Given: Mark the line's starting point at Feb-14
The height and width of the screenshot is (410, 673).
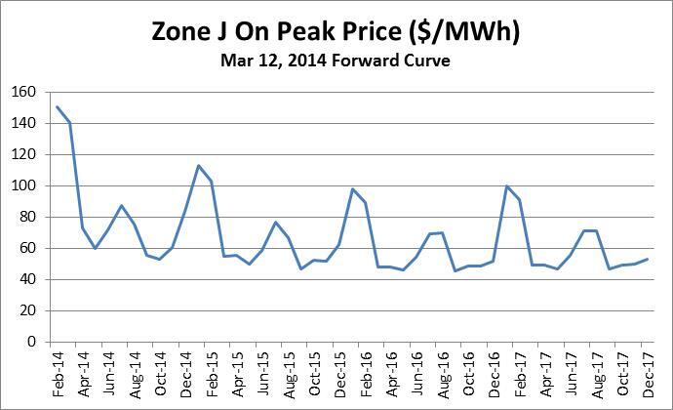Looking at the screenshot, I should coord(58,106).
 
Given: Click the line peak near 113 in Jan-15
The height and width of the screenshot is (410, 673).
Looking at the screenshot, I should coord(198,165).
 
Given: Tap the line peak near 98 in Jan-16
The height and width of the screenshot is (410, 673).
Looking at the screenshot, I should coord(352,188).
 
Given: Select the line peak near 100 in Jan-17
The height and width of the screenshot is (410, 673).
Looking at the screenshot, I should coord(506,185).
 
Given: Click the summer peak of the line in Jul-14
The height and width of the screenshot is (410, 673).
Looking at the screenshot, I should coord(121,205).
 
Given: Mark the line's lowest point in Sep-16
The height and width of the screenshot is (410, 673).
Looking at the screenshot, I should coord(455,270).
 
